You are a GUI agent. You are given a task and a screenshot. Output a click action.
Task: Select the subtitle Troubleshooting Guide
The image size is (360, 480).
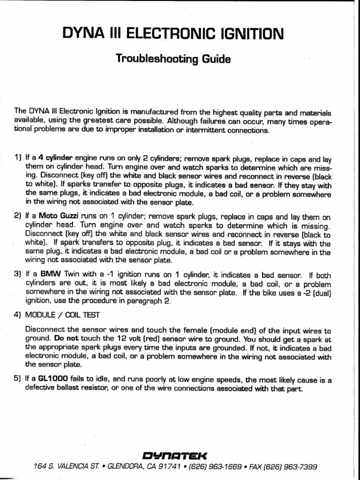tap(173, 60)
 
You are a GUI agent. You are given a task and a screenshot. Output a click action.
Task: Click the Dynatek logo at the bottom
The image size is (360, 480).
tap(180, 455)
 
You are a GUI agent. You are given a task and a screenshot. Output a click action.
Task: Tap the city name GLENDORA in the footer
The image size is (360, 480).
tap(126, 467)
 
